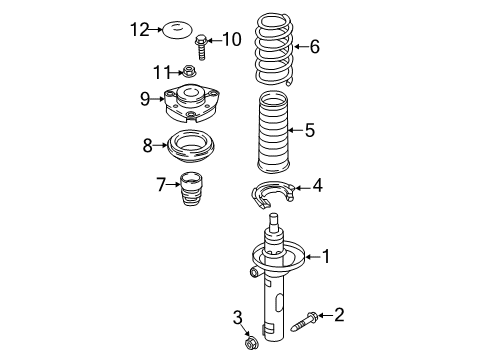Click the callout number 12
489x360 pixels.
click(139, 30)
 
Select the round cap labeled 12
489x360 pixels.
click(177, 30)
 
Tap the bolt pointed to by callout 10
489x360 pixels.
click(201, 47)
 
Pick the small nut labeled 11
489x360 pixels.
click(189, 71)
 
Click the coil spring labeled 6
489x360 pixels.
click(274, 49)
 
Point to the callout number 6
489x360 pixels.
click(315, 46)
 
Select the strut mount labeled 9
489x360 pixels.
click(192, 104)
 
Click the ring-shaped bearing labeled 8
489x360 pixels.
click(191, 147)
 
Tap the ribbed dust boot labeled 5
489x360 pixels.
click(273, 132)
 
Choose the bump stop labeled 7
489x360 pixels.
click(191, 189)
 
